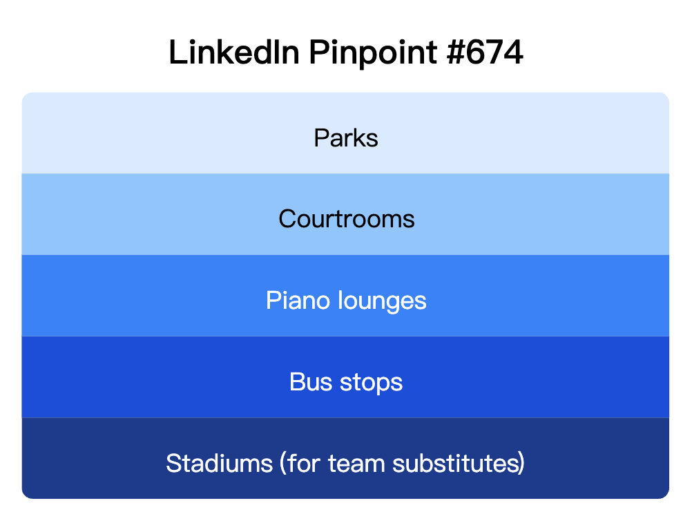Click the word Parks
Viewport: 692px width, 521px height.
coord(346,138)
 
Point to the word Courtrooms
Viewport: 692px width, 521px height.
coord(346,220)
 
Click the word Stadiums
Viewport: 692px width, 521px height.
coord(219,463)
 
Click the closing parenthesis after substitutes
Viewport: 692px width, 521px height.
coord(521,463)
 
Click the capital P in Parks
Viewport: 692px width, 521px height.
coord(320,138)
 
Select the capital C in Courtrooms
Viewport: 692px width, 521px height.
coord(287,220)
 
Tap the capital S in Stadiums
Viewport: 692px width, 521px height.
coord(173,463)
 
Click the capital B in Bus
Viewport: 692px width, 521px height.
coord(296,382)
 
